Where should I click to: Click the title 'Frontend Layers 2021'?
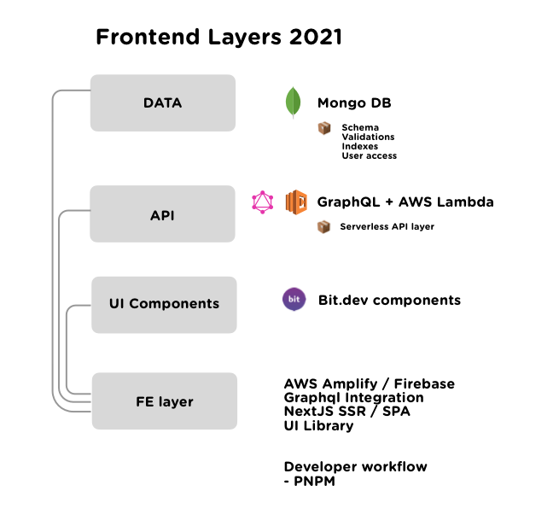click(218, 38)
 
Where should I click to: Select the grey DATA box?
click(162, 103)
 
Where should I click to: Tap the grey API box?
click(162, 214)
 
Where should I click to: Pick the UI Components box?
click(164, 304)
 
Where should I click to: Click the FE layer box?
click(164, 401)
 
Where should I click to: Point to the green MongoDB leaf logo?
click(294, 102)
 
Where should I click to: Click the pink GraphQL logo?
click(263, 202)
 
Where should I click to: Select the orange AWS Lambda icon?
click(295, 202)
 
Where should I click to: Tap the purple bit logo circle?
click(294, 300)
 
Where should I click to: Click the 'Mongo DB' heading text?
click(354, 103)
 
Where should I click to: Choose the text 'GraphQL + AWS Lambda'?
click(405, 202)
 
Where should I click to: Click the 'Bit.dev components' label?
click(389, 300)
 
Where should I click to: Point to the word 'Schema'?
click(359, 128)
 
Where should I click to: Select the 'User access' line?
click(369, 156)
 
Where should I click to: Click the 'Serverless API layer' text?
click(387, 227)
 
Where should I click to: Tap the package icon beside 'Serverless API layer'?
click(323, 227)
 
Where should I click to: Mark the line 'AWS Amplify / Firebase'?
click(369, 384)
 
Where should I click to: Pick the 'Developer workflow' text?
click(355, 467)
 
